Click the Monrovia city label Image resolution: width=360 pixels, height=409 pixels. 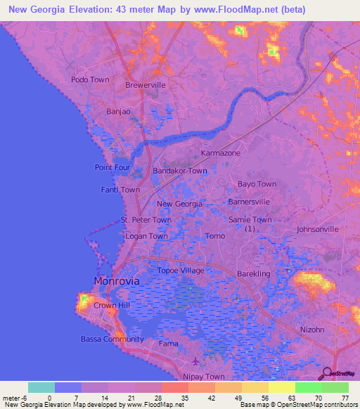point(117,280)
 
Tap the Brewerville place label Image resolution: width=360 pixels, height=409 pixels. point(146,85)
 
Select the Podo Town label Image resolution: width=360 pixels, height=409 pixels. point(90,79)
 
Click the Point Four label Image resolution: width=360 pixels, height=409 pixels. point(112,167)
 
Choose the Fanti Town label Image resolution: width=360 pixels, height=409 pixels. point(120,190)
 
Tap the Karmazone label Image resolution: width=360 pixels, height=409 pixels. point(221,152)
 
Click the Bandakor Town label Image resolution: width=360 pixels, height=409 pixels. point(180,171)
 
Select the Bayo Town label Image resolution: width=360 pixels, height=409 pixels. point(257,184)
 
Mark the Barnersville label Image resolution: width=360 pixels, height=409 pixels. point(250,202)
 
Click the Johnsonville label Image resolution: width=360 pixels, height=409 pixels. point(318,229)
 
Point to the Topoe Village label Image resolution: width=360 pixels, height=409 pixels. point(181,271)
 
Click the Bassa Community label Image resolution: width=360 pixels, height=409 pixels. point(113,339)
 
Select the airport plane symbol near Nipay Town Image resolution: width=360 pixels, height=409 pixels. point(195,362)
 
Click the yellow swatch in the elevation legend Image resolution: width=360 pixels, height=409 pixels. point(281,387)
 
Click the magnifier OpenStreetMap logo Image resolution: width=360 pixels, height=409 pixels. point(328,373)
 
